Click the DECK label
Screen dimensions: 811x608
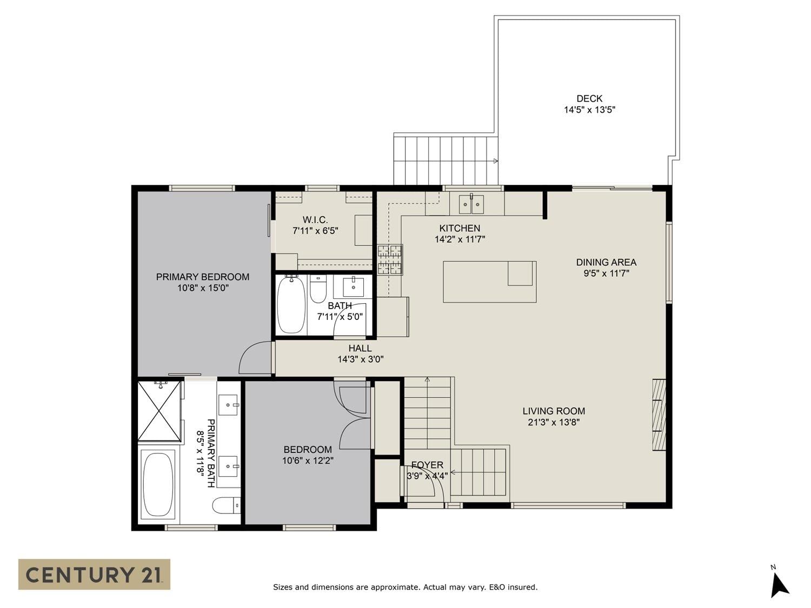click(589, 98)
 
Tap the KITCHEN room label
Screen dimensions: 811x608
click(460, 228)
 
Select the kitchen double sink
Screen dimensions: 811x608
click(471, 204)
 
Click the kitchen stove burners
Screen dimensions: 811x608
click(390, 259)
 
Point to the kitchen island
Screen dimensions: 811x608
click(489, 282)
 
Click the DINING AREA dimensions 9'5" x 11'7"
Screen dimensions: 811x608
click(606, 273)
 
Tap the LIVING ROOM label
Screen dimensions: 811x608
click(554, 411)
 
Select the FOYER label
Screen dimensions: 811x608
click(427, 465)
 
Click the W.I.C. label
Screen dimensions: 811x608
click(315, 219)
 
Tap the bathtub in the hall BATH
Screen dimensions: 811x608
click(291, 305)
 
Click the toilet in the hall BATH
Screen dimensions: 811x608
click(318, 289)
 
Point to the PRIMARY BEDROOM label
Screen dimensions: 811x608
click(202, 277)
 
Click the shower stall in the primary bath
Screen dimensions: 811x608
click(159, 411)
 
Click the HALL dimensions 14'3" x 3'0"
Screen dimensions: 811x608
click(360, 359)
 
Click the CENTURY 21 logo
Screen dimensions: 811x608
click(94, 574)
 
